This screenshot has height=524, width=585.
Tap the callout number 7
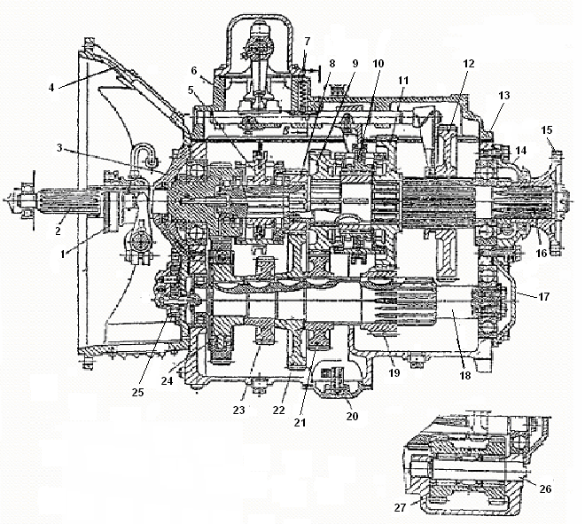pos(306,41)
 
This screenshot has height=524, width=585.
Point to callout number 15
pos(548,130)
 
